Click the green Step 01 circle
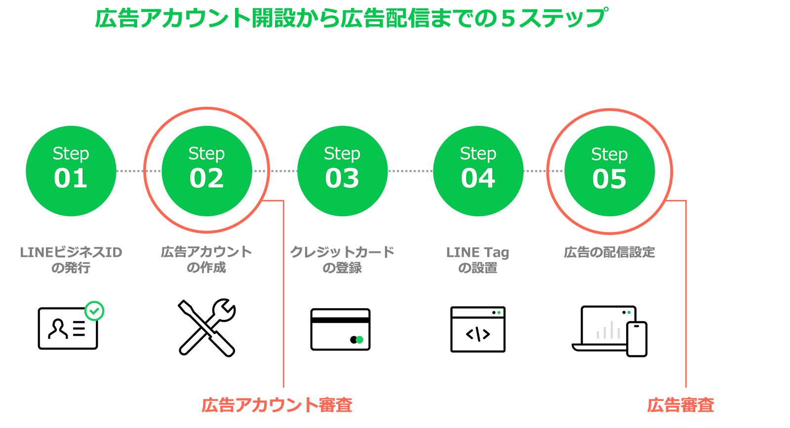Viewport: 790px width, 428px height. click(x=71, y=171)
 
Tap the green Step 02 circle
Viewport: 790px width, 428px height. click(x=207, y=171)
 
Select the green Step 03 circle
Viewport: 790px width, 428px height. click(x=343, y=171)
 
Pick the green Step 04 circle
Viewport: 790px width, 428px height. click(x=478, y=171)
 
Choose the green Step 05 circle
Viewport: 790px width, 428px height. click(x=609, y=171)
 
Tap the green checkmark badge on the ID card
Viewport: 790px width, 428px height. click(x=94, y=311)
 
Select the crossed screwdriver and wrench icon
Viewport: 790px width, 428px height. click(x=207, y=327)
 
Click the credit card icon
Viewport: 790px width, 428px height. click(x=340, y=329)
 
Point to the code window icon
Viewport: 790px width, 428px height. click(x=478, y=329)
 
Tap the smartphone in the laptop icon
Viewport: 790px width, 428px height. click(x=637, y=339)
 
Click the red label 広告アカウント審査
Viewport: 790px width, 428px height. click(x=277, y=405)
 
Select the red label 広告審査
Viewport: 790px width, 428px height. click(x=680, y=405)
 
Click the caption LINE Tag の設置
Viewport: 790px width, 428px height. click(x=478, y=260)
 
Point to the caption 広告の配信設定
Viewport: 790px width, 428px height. click(x=609, y=252)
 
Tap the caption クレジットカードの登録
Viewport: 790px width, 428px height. click(x=342, y=260)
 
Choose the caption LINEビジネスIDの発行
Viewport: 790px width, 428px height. click(x=71, y=260)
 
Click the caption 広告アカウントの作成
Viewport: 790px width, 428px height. click(x=206, y=260)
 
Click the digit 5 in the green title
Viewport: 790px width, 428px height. click(x=508, y=19)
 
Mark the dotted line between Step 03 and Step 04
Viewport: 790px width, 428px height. click(x=410, y=171)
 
